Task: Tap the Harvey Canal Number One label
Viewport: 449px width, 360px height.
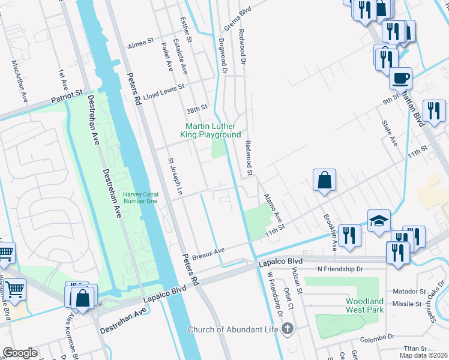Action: pos(140,197)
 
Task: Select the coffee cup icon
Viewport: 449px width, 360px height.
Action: pos(400,77)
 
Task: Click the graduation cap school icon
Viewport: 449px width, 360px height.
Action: pos(379,221)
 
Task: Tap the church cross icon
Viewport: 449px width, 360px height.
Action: pos(288,329)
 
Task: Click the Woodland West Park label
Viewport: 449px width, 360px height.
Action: pos(364,305)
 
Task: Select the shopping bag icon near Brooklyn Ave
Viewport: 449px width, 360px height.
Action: pos(324,179)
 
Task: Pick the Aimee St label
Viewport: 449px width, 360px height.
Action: pos(142,45)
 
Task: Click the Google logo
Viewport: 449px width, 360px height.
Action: pos(20,353)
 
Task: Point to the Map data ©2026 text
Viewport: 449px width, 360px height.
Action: pos(423,355)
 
